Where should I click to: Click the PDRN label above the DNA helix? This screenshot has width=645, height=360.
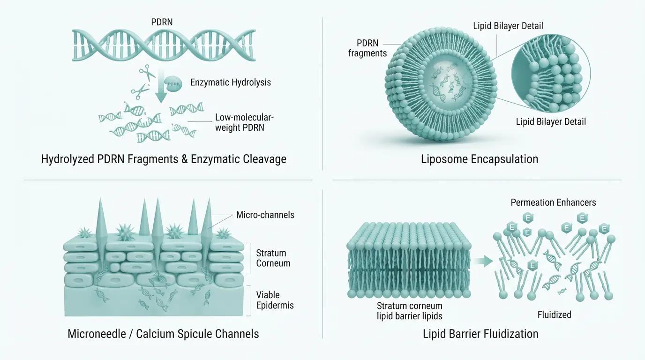(162, 22)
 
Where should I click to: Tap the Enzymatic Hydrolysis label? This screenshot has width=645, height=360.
(230, 82)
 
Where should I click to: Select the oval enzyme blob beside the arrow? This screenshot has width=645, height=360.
(173, 84)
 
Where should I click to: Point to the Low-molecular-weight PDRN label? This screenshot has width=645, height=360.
(244, 122)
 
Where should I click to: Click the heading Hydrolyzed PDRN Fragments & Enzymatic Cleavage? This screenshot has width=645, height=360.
(164, 159)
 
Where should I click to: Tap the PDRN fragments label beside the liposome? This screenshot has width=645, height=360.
(367, 48)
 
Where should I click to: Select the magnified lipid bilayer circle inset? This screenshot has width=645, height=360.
(551, 74)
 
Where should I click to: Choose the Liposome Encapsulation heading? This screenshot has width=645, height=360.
(480, 159)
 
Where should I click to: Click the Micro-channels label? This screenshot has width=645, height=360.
(265, 215)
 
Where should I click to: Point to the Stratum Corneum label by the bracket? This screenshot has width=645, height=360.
(273, 258)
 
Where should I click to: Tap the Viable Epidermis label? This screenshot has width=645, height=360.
(275, 300)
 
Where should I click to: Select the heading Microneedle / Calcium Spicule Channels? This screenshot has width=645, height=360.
(163, 334)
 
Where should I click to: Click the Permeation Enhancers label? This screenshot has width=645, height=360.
(553, 202)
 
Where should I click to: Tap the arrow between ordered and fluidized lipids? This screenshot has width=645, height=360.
(483, 261)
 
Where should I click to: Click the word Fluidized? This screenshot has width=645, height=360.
(554, 315)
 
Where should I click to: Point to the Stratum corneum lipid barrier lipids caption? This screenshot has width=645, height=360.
(410, 311)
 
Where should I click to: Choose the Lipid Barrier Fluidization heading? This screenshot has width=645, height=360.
(480, 334)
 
